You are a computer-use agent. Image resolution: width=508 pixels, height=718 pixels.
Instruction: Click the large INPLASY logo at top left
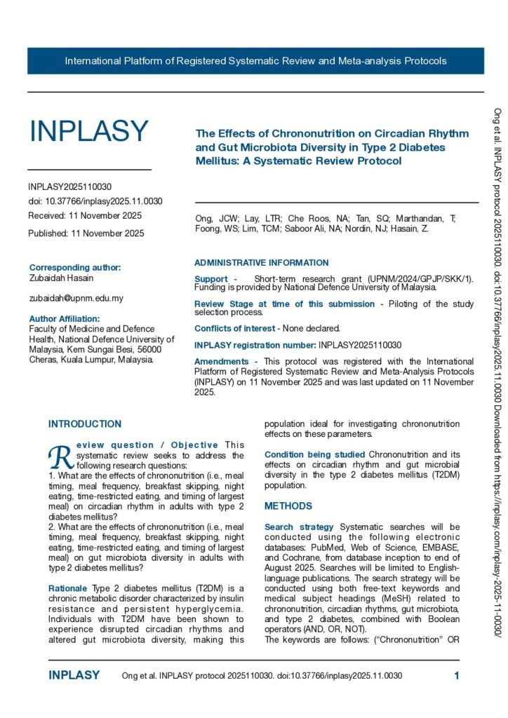click(x=88, y=132)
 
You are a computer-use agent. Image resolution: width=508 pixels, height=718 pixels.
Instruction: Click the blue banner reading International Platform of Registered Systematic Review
click(x=255, y=61)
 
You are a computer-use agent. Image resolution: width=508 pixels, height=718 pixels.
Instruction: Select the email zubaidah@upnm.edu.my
click(x=76, y=298)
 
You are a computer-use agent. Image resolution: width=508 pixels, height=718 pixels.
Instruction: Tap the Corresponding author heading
click(x=75, y=267)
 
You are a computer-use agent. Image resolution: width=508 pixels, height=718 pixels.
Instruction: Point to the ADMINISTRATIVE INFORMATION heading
click(x=261, y=263)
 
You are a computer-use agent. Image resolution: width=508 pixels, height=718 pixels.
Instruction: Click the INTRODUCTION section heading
click(x=85, y=424)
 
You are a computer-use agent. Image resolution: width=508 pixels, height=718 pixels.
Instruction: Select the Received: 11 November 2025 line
click(x=85, y=215)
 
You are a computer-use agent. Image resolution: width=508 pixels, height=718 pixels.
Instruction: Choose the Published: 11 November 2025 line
click(x=86, y=233)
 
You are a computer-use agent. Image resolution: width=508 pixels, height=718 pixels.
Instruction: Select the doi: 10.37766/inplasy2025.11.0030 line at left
click(x=95, y=201)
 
